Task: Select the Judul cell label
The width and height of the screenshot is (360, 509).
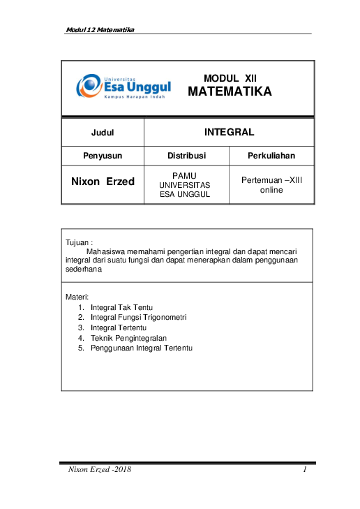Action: [x=103, y=132]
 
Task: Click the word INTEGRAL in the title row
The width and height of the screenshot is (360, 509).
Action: [x=229, y=131]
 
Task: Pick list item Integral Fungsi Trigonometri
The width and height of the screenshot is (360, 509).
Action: [x=139, y=317]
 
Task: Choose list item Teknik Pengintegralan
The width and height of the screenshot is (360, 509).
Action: [x=128, y=337]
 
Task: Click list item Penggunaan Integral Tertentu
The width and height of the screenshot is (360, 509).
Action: [x=142, y=347]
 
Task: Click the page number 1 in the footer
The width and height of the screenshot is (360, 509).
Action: [x=306, y=470]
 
